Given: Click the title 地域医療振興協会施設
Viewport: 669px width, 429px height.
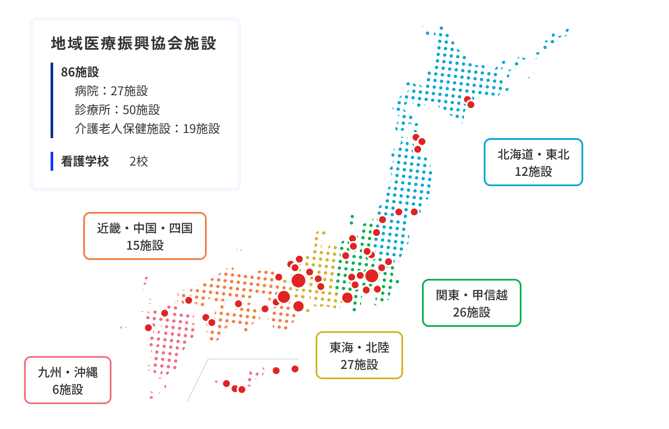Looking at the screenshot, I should coord(133,43).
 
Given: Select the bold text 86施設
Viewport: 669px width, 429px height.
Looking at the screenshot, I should coord(80,72).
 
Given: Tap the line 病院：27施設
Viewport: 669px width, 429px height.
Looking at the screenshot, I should coord(111,91).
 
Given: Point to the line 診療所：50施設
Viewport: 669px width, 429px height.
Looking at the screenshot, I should coord(117,110).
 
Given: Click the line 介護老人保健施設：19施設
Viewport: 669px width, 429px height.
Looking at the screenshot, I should coord(147,129).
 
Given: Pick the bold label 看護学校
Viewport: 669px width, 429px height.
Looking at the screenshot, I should coord(85,161).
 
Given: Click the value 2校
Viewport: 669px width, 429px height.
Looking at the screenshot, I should coord(139,161).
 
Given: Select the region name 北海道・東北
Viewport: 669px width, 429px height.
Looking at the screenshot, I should coord(533,154).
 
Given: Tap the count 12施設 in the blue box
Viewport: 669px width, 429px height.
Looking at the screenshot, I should coord(533,172).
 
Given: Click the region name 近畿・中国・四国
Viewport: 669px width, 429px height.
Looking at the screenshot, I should coord(145,228).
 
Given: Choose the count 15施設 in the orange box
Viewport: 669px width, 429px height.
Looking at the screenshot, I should coord(145,245).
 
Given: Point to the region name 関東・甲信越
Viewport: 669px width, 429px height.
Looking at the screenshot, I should coord(471,295).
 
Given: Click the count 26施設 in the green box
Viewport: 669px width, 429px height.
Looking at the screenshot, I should coord(471,312).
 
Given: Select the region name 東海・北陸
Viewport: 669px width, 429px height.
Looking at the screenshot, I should coord(359,347).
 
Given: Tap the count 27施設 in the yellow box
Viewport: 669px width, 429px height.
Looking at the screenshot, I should coord(359,365).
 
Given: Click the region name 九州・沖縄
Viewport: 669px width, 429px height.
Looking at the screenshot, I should coord(67,372).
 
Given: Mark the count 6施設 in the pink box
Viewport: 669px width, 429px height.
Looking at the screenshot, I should coord(67,390).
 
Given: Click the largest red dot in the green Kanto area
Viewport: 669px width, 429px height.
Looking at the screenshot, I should coord(372,276).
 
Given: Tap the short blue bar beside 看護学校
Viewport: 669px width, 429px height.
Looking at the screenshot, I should coord(52,161).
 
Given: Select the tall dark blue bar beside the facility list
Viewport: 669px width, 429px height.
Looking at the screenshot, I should coord(52,100).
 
